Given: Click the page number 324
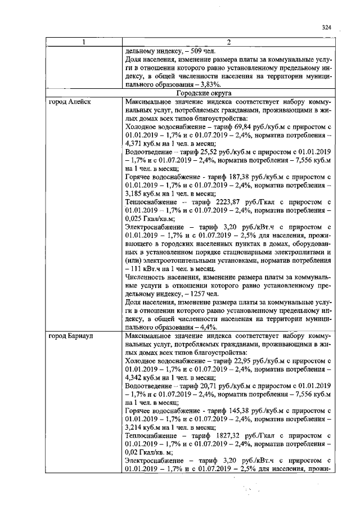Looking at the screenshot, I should pyautogui.click(x=326, y=27).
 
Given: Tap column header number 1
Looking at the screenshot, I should pyautogui.click(x=84, y=42).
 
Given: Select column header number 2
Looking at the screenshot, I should pyautogui.click(x=229, y=42).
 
